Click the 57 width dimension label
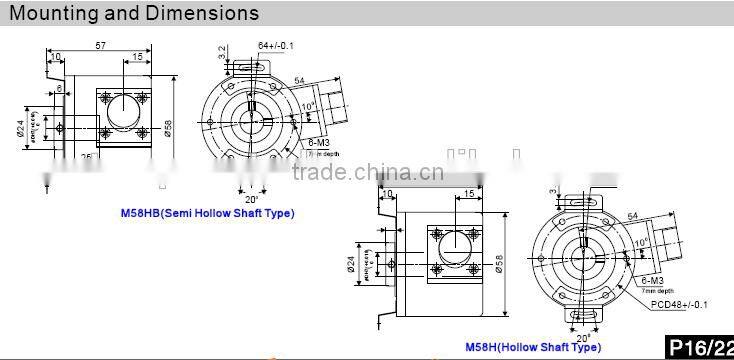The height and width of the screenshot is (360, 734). pyautogui.click(x=100, y=46)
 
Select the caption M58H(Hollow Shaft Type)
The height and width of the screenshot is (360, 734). pyautogui.click(x=533, y=347)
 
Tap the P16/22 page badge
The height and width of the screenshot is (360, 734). pyautogui.click(x=700, y=347)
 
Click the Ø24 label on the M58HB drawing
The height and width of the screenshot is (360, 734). pyautogui.click(x=20, y=132)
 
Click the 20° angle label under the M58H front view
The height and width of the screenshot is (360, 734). pyautogui.click(x=580, y=337)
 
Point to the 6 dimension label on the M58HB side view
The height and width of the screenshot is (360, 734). pyautogui.click(x=60, y=90)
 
